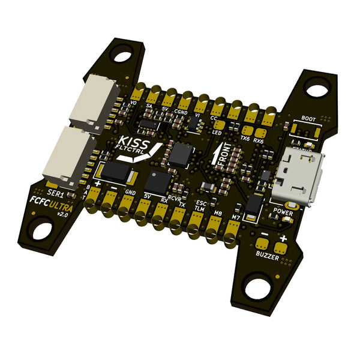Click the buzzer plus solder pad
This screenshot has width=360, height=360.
pyautogui.click(x=278, y=245)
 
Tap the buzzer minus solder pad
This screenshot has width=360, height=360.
pyautogui.click(x=262, y=243)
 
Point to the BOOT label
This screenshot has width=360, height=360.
pyautogui.click(x=308, y=119)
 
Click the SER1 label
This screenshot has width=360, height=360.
pyautogui.click(x=55, y=194)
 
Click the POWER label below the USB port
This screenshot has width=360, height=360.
pyautogui.click(x=283, y=212)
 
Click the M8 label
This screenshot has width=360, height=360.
pyautogui.click(x=218, y=212)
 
